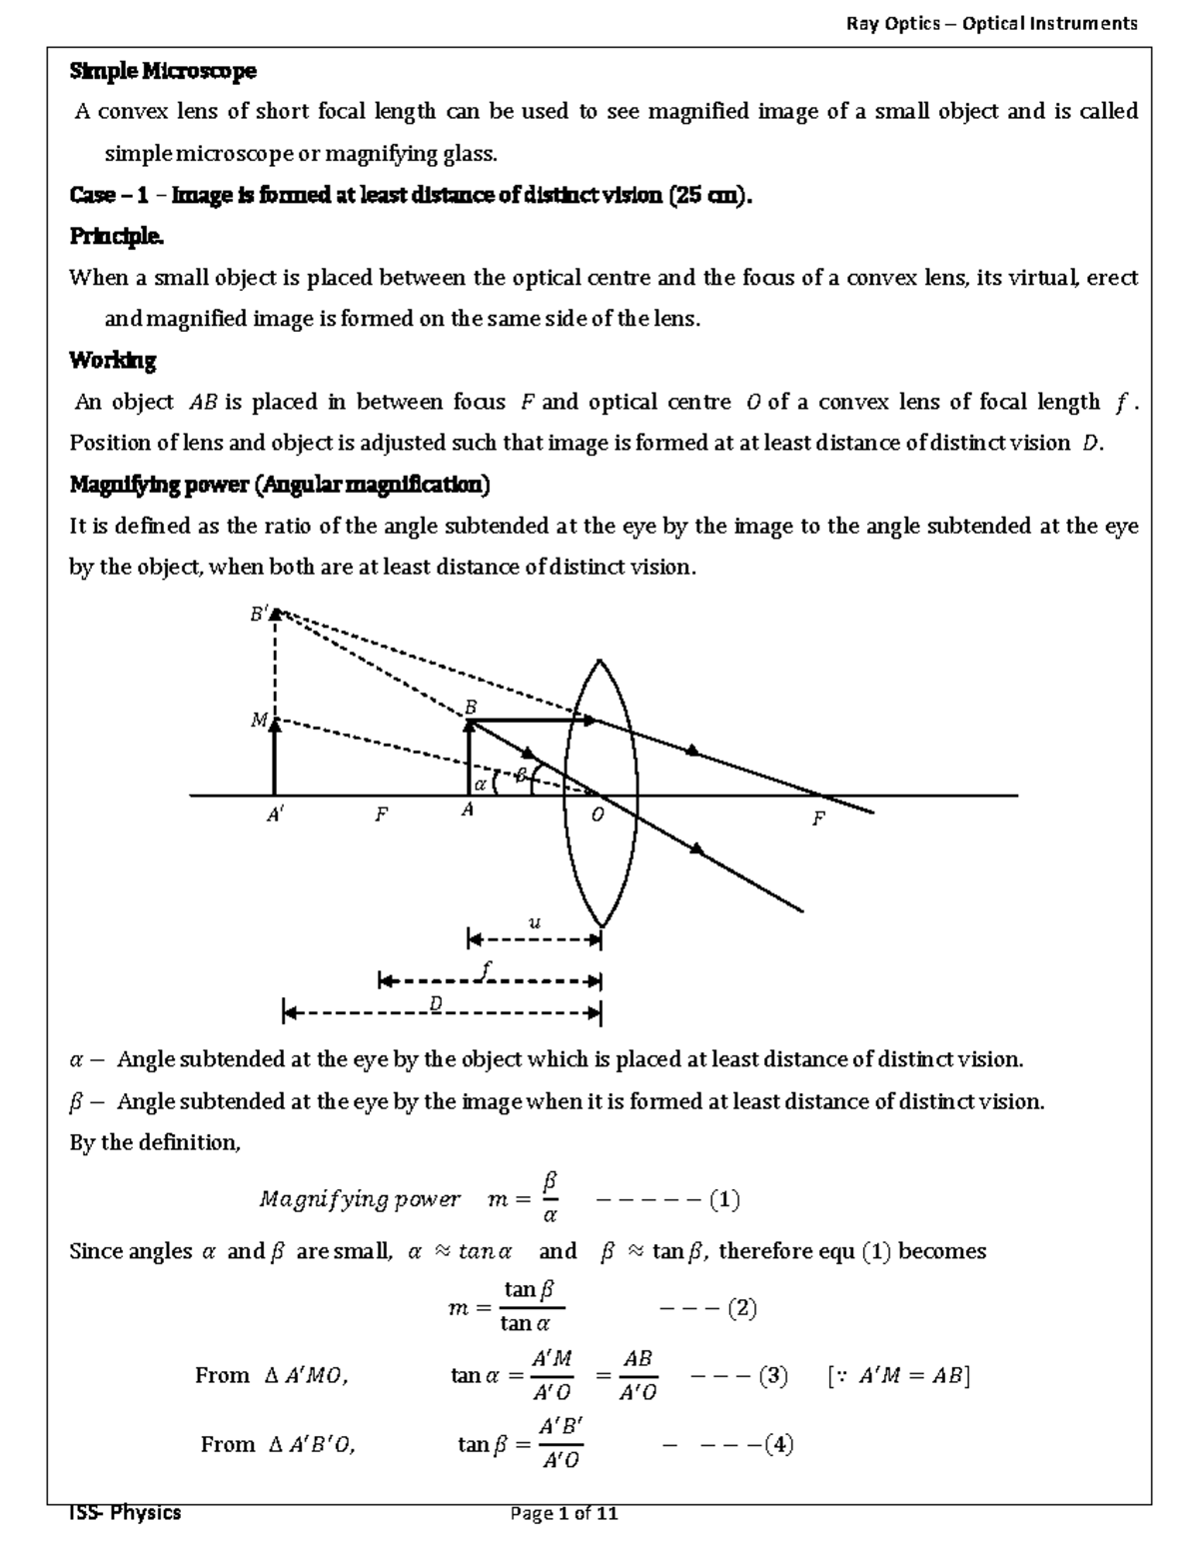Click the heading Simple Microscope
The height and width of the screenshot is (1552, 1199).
[162, 71]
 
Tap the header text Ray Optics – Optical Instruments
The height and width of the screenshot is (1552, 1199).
[991, 23]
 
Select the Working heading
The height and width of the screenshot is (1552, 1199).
[112, 360]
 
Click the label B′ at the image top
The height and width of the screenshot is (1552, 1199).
[259, 615]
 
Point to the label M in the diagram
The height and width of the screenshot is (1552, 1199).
[259, 720]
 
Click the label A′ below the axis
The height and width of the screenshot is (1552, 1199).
[276, 815]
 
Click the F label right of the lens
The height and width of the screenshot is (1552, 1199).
[818, 819]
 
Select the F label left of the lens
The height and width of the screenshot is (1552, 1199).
[381, 815]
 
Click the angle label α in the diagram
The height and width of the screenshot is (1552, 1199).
[480, 783]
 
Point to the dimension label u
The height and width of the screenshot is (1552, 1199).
[534, 922]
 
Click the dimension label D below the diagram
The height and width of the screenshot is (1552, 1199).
[436, 1003]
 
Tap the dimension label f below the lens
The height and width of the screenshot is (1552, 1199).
[487, 967]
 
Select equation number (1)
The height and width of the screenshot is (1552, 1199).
[724, 1199]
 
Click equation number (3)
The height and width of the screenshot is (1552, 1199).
[772, 1376]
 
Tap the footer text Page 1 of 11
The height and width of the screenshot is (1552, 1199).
[564, 1513]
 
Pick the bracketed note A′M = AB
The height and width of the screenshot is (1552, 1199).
[899, 1376]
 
